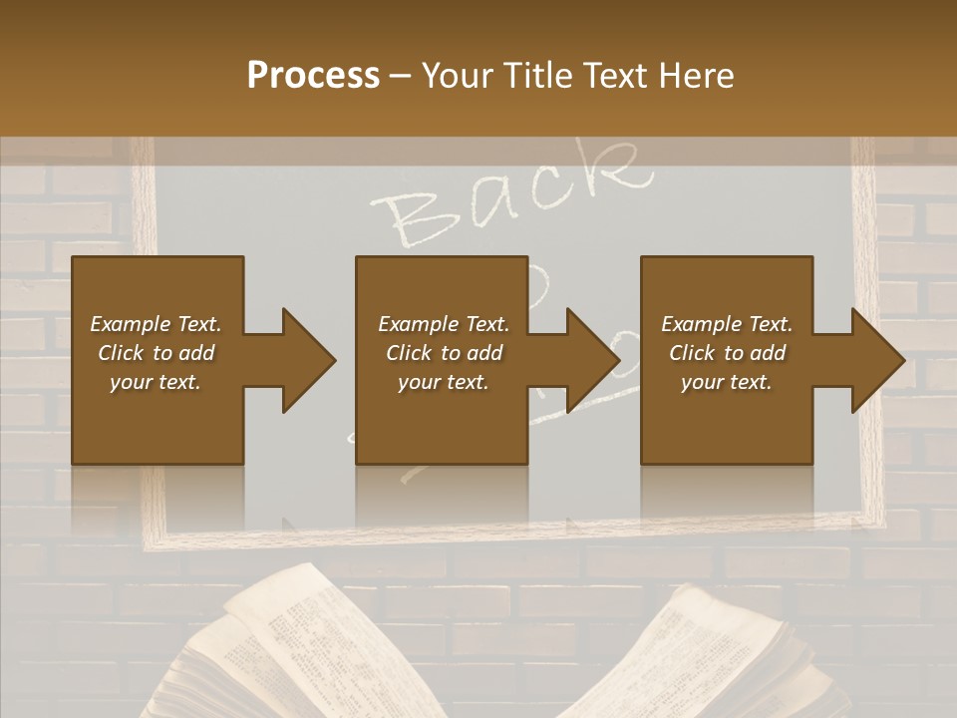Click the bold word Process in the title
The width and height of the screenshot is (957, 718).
point(313,75)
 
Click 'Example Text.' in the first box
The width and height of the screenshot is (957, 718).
point(156,324)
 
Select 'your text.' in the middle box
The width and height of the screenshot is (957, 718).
point(443,382)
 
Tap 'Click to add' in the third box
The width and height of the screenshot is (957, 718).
point(727,353)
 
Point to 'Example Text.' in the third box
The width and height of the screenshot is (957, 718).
point(727,324)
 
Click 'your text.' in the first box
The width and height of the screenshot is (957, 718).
point(156,382)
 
